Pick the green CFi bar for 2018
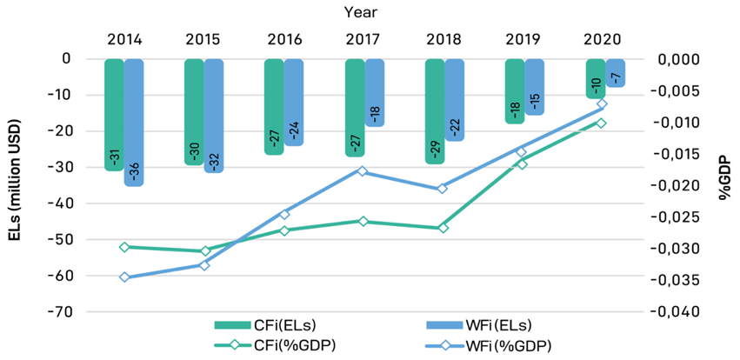[435, 109]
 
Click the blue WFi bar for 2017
[375, 91]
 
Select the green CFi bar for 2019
[515, 90]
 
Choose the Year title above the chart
[360, 12]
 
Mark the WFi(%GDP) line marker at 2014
[124, 277]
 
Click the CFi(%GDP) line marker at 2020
[600, 123]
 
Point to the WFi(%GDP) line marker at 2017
[363, 171]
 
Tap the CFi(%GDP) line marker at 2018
[443, 228]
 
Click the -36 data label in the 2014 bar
[134, 172]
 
